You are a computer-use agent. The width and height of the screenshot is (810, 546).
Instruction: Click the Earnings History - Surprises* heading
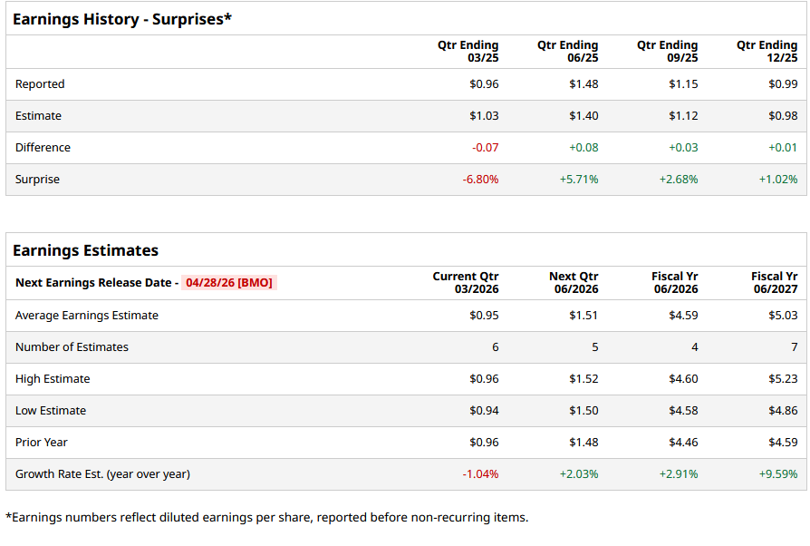tap(122, 19)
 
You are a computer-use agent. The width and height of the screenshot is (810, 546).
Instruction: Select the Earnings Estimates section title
tap(85, 250)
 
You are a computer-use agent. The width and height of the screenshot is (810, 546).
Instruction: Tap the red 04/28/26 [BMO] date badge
tap(228, 282)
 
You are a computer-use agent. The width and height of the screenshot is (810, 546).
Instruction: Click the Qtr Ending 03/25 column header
tap(468, 51)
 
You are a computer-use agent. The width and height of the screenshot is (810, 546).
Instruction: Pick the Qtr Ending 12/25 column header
tap(767, 51)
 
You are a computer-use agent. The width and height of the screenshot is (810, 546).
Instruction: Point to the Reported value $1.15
tap(683, 84)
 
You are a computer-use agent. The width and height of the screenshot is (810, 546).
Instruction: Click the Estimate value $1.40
tap(583, 116)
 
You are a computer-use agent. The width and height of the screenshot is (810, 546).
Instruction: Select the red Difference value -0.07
tap(485, 148)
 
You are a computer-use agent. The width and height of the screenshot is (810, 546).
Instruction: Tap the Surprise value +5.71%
tap(579, 180)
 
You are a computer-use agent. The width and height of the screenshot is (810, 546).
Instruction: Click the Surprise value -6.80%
tap(480, 180)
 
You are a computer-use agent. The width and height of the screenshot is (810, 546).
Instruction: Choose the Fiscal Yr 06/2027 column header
tap(774, 282)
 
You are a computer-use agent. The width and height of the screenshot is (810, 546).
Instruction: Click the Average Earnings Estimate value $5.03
tap(783, 316)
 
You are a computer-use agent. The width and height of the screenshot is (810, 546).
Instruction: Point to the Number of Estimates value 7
tap(794, 347)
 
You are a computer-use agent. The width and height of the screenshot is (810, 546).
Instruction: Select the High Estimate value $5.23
tap(783, 379)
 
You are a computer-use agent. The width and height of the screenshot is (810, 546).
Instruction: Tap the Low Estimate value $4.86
tap(783, 411)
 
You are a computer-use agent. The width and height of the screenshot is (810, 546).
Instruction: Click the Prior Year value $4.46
tap(683, 443)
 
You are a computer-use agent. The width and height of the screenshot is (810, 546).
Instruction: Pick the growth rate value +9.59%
tap(778, 474)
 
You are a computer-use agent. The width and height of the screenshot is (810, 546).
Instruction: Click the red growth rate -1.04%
tap(480, 474)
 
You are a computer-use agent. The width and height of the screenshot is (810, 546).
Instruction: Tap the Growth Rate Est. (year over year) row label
tap(102, 474)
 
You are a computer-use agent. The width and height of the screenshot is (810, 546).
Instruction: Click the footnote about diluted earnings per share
tap(266, 517)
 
